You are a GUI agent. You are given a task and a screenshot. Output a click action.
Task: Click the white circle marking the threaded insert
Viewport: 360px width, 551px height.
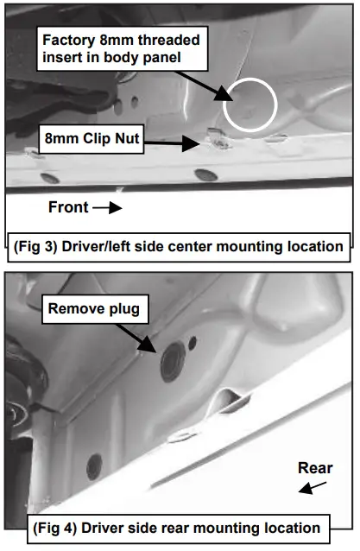click(224, 105)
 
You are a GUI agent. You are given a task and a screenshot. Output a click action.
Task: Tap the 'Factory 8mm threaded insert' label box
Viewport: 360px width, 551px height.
click(123, 48)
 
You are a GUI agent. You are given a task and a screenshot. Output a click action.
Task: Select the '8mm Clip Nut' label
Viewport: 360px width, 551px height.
click(92, 139)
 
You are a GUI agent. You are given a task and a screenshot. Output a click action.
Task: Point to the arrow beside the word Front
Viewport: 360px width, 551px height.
click(107, 207)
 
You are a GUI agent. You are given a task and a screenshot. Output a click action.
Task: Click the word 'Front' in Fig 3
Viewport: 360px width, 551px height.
click(68, 207)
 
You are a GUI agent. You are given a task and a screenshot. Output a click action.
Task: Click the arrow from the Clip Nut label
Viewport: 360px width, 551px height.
click(172, 143)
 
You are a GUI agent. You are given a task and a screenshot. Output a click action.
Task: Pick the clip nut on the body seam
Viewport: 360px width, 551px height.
click(218, 138)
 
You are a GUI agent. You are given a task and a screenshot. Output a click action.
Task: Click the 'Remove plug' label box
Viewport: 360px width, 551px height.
click(95, 309)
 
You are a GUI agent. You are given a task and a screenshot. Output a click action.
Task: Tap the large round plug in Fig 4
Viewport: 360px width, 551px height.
click(173, 362)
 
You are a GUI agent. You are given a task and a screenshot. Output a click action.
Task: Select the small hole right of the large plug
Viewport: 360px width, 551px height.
click(193, 343)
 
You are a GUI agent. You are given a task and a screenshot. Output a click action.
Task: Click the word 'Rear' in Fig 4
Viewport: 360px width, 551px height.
click(315, 468)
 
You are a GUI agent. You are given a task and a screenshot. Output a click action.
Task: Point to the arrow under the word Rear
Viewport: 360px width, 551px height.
click(313, 488)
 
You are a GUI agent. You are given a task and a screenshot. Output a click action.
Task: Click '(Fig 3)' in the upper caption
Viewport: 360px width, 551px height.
click(35, 247)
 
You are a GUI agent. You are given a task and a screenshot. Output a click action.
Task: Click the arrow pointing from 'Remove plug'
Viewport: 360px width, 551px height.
click(136, 338)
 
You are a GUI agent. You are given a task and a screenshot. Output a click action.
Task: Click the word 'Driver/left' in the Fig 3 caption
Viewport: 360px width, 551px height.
click(96, 247)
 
